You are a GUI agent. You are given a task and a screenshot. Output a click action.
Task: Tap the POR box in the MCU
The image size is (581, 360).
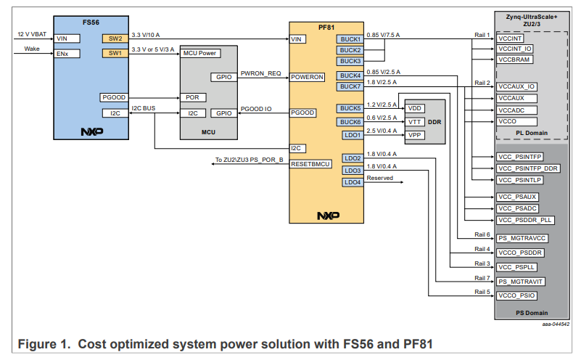point(192,97)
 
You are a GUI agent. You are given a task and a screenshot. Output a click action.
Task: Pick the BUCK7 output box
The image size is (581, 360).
point(350,86)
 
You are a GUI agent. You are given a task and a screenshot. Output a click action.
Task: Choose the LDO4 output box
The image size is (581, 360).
point(353,181)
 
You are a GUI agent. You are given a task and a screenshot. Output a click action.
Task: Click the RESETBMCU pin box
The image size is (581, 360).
point(312,164)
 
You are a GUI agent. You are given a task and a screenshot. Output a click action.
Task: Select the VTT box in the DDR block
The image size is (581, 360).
point(415,121)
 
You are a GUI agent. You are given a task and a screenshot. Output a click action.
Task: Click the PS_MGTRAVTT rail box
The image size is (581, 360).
point(521,281)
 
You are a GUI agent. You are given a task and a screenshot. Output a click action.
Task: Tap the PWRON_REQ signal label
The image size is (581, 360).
point(261,73)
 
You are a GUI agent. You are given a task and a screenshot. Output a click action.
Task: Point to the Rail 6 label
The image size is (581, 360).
point(482,234)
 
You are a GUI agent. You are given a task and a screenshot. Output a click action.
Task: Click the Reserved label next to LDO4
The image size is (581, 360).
point(380,178)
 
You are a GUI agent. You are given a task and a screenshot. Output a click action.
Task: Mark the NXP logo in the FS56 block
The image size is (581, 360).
point(91,132)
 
